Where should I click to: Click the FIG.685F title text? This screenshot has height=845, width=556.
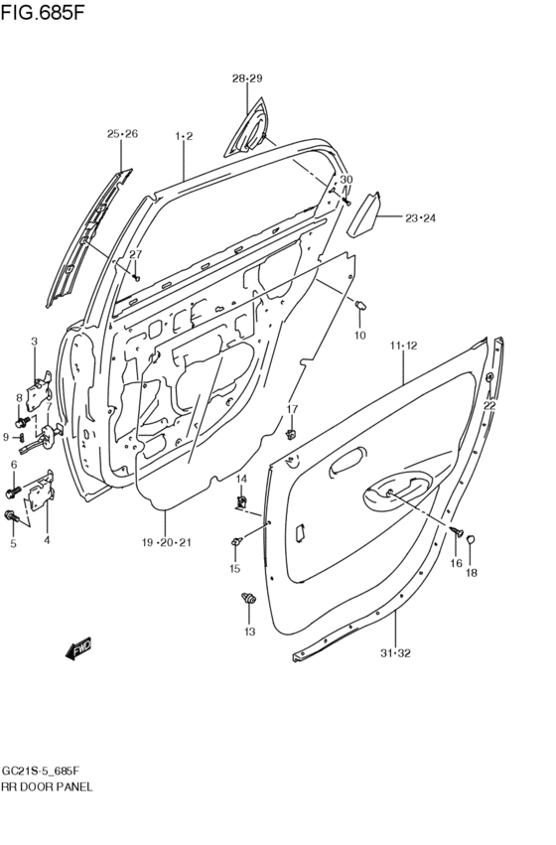(43, 12)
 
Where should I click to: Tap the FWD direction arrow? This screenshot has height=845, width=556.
(78, 648)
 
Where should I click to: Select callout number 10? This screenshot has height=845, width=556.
(359, 336)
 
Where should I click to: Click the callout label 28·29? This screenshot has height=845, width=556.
(247, 78)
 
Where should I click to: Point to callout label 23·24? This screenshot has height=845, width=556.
(421, 218)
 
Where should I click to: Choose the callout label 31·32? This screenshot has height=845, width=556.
(395, 653)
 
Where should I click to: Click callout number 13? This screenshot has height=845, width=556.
(249, 632)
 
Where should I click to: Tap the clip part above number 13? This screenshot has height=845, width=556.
(248, 598)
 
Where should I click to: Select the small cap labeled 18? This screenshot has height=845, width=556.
(470, 538)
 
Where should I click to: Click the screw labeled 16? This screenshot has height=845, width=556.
(456, 532)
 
